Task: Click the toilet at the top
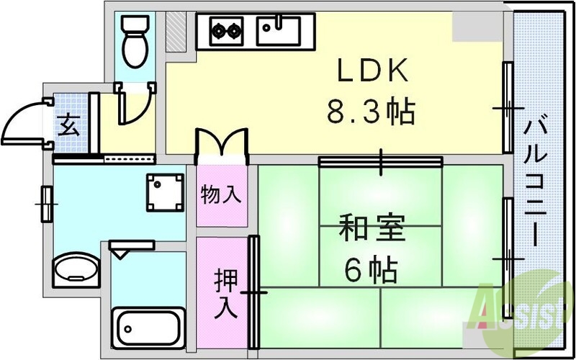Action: [x=135, y=40]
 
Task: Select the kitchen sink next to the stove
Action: [x=277, y=29]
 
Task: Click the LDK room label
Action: [x=373, y=73]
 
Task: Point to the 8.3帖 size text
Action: [x=371, y=112]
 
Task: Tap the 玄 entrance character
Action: [x=69, y=125]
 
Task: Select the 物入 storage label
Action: [x=220, y=194]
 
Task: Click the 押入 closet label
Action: [x=225, y=292]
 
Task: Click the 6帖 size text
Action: [x=370, y=270]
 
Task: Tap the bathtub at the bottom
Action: [x=148, y=328]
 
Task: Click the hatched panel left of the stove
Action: [x=175, y=30]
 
